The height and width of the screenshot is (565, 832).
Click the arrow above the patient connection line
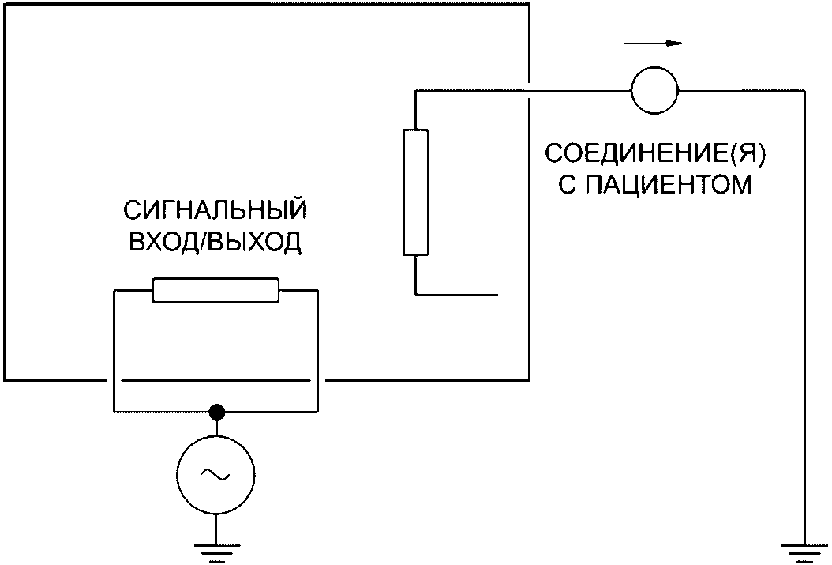662,43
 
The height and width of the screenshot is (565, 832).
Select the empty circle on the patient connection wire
654,89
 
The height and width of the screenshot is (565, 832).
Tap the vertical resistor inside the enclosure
416,193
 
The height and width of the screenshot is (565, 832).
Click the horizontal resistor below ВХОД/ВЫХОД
215,290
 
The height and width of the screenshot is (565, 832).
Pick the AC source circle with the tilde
215,474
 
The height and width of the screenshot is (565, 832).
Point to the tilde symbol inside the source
215,474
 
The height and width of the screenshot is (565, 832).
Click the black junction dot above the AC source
216,412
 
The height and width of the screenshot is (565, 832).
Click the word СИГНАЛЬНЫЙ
215,212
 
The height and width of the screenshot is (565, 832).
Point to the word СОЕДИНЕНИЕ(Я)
656,153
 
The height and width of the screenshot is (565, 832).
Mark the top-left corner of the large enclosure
4,5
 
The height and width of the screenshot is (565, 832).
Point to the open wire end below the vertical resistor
498,294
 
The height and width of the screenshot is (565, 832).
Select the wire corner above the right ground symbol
804,90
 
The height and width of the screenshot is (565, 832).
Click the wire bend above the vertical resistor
416,90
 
